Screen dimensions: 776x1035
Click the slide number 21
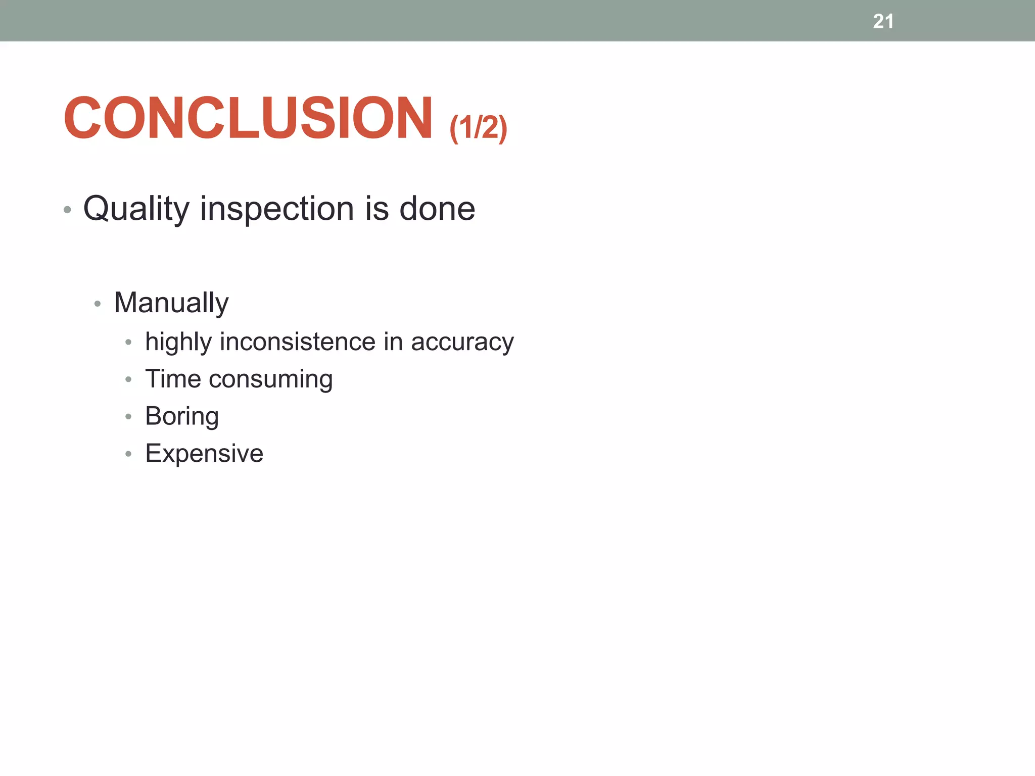[x=883, y=22]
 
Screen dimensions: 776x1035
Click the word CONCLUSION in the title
[x=248, y=118]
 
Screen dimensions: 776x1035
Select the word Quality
[x=136, y=209]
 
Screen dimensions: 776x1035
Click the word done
[x=437, y=208]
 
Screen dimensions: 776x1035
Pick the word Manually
[x=171, y=303]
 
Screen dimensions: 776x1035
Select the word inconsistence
[x=298, y=342]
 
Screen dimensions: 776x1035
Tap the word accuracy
[x=462, y=343]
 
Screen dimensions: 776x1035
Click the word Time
[x=173, y=379]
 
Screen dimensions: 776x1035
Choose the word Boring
[x=182, y=417]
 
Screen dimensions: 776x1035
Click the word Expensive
[x=204, y=454]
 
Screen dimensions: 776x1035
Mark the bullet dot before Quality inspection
[x=67, y=210]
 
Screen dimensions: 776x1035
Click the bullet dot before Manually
[x=98, y=304]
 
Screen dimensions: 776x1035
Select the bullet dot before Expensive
[x=128, y=454]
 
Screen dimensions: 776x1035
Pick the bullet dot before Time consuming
[x=128, y=379]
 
